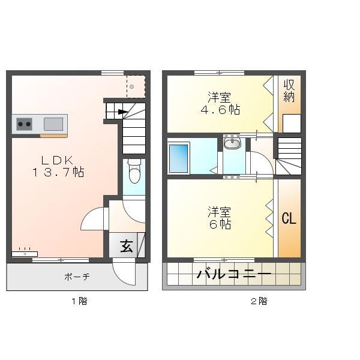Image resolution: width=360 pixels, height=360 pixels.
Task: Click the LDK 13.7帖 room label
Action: click(x=58, y=166)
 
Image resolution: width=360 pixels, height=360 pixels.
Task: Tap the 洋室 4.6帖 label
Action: click(x=220, y=103)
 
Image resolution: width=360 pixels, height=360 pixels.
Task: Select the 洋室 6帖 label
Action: click(x=220, y=218)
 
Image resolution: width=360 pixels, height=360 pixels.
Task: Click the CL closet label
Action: click(x=289, y=218)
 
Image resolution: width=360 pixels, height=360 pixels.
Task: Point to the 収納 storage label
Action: click(x=289, y=91)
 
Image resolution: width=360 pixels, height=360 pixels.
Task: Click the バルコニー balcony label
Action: click(x=234, y=275)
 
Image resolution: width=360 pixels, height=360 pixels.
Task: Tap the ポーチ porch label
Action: click(x=77, y=277)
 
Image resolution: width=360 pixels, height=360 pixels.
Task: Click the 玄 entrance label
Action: click(x=127, y=246)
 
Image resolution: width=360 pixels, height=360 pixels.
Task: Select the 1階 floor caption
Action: click(x=79, y=301)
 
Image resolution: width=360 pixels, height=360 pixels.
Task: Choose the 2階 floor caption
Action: click(x=259, y=301)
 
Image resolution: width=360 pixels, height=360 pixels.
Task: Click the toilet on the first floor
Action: click(x=134, y=172)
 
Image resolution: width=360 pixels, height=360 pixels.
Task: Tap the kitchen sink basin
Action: click(x=53, y=124)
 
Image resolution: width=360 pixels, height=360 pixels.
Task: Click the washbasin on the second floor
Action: click(x=232, y=143)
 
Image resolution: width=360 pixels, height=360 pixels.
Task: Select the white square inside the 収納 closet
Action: click(x=292, y=123)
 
